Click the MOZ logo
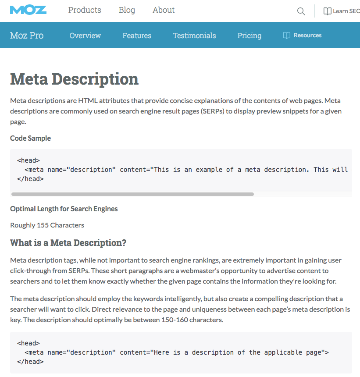tap(28, 10)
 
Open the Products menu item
tap(85, 10)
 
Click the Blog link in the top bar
tap(127, 10)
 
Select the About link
tap(164, 10)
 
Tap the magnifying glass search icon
tap(301, 11)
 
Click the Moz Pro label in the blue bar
tap(27, 36)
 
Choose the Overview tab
tap(85, 36)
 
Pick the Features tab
tap(137, 36)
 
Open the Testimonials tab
tap(194, 36)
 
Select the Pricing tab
tap(249, 36)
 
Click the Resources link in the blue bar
tap(307, 36)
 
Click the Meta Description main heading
tap(74, 79)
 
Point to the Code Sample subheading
tap(30, 138)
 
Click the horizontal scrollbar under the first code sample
tap(132, 194)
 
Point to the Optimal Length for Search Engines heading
tap(64, 209)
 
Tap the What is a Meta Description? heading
tap(68, 243)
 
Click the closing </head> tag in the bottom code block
tap(30, 362)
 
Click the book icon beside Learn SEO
tap(327, 11)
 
